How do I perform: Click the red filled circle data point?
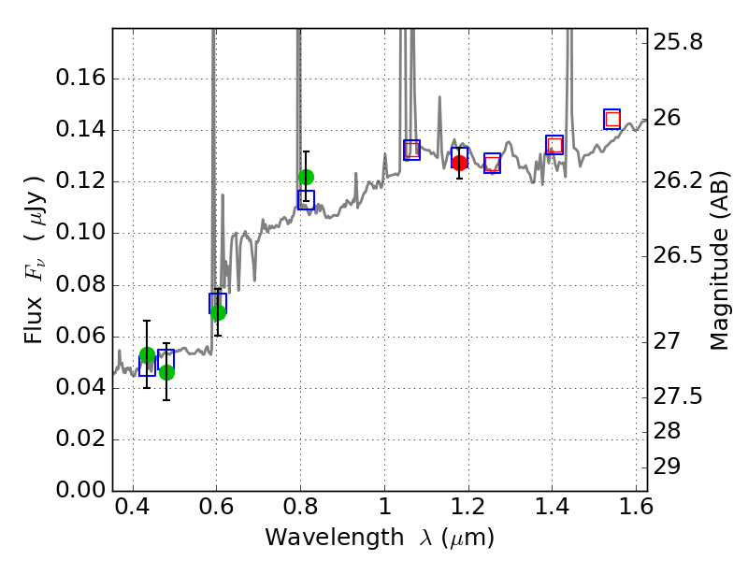[x=459, y=163]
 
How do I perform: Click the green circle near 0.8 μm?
[x=306, y=177]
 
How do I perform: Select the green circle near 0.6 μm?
[x=218, y=312]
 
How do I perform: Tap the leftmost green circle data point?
[x=147, y=355]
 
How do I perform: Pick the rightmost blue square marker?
[x=612, y=119]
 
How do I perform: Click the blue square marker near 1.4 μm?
[x=554, y=145]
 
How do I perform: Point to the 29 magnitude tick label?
[x=672, y=467]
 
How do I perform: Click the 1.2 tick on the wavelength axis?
[x=467, y=511]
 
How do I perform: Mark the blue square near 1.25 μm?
[x=492, y=163]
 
